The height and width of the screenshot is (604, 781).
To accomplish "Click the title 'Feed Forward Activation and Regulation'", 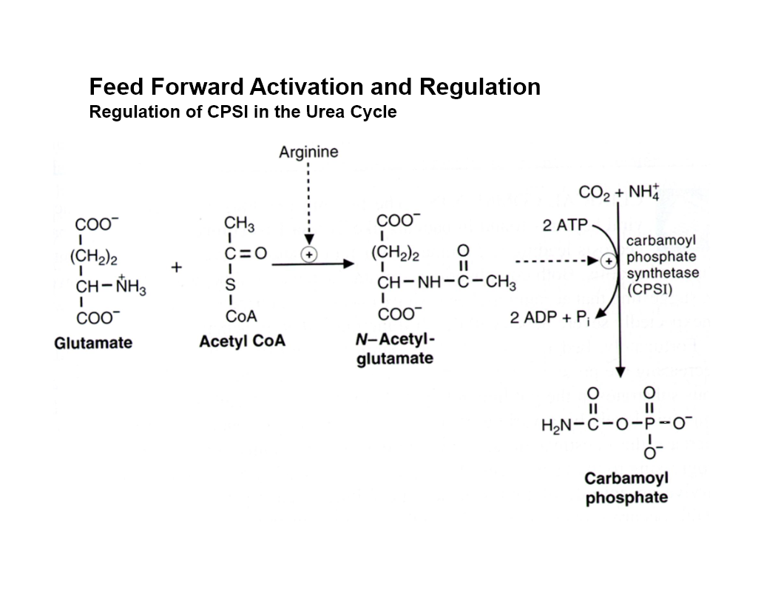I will [x=314, y=87].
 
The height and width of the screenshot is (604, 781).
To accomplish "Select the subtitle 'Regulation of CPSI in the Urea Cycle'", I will [x=243, y=113].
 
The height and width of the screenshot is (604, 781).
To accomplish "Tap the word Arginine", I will [x=308, y=152].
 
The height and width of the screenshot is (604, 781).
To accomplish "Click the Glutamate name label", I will [x=93, y=343].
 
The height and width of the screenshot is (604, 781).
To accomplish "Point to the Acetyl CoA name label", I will [x=242, y=342].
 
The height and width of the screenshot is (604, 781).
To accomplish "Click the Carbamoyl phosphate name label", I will [x=626, y=488].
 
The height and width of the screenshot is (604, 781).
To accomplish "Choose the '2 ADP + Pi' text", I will [x=551, y=318].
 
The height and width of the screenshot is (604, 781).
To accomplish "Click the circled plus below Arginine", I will [x=308, y=253].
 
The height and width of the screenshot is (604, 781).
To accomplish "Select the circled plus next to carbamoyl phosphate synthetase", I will [x=609, y=261].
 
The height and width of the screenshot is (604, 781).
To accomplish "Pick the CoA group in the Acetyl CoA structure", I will [x=243, y=317].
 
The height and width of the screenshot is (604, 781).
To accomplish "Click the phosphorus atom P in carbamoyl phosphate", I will [x=650, y=425].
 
